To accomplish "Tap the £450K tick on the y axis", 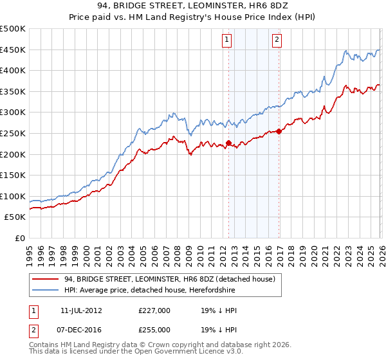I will pos(13,50).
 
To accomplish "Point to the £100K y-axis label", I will pos(13,196).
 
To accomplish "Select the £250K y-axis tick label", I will pos(13,134).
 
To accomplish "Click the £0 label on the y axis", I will pos(20,238).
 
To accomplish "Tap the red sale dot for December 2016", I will pos(279,131).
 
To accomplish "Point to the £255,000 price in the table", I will pos(154,329).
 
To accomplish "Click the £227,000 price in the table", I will pos(154,310).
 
